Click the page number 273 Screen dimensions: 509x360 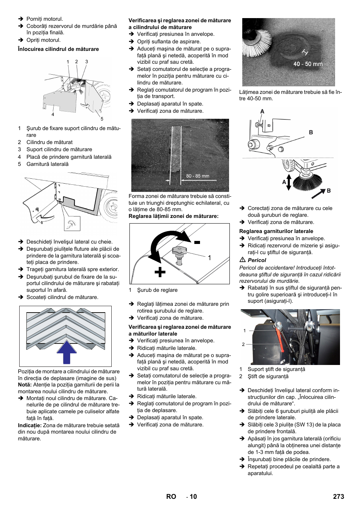(x=338, y=497)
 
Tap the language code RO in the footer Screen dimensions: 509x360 (x=171, y=497)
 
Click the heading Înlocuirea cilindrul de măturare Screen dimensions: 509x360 (x=58, y=49)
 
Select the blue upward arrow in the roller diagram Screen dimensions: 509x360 (x=66, y=352)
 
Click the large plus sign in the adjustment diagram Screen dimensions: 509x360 (x=160, y=272)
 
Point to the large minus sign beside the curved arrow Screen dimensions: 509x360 (x=197, y=242)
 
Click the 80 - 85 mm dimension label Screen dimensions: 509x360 (x=197, y=176)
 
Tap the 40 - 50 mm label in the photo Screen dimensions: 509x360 (x=308, y=64)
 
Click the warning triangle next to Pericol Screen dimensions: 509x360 (x=243, y=260)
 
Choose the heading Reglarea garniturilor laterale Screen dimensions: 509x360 (x=276, y=231)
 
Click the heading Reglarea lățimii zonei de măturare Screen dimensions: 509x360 (x=173, y=216)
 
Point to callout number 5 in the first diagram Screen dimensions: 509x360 (x=102, y=119)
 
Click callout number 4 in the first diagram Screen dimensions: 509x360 (x=53, y=114)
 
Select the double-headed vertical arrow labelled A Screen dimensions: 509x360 (x=289, y=182)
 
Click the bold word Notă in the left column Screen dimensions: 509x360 (x=25, y=385)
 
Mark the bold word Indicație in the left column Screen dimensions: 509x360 (x=29, y=425)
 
